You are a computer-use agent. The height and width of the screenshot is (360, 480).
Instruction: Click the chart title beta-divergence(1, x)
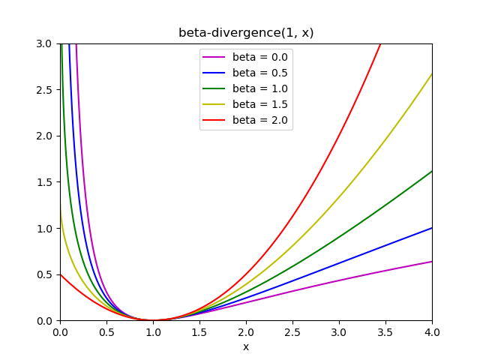tap(246, 33)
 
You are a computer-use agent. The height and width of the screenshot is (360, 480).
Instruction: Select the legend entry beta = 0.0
tap(259, 57)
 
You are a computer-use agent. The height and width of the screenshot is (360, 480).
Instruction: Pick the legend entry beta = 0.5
tap(259, 73)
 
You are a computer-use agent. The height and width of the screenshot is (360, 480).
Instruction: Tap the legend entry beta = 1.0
tap(259, 88)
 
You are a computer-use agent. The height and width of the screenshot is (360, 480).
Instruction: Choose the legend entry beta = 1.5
tap(259, 104)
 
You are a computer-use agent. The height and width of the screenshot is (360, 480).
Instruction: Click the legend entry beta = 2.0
tap(259, 120)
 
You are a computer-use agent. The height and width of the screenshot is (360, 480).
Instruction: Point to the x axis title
tap(246, 346)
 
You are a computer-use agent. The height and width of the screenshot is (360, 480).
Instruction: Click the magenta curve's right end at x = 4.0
tap(431, 261)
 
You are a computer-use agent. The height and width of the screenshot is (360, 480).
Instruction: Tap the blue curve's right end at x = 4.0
tap(431, 228)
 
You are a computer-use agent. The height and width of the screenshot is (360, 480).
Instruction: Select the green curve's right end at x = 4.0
tap(431, 171)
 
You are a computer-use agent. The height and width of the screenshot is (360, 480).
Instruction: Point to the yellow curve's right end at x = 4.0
tap(431, 74)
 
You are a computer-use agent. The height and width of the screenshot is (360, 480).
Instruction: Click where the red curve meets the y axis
tap(61, 274)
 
